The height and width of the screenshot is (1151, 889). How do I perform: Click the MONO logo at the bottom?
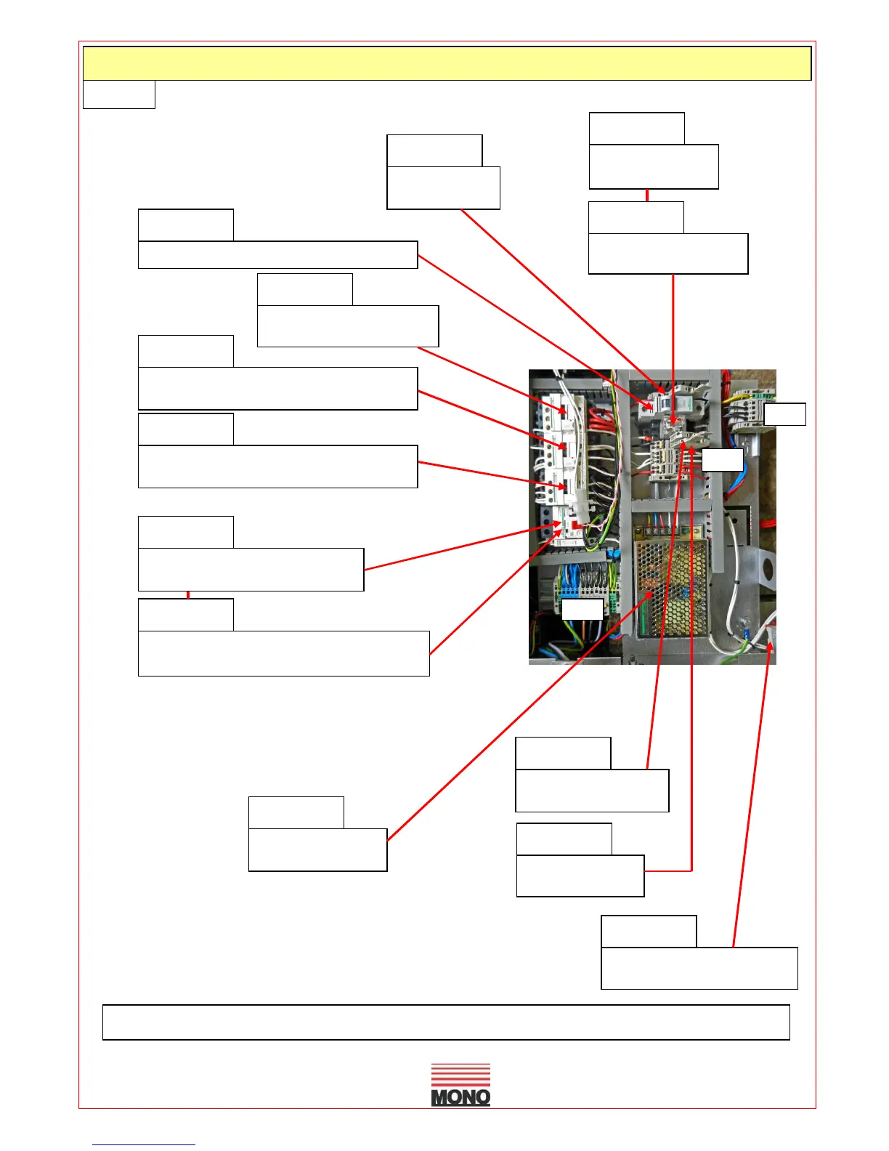coord(460,1085)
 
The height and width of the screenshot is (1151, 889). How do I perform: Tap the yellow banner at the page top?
coord(447,63)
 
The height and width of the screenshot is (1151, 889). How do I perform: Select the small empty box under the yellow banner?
coord(119,94)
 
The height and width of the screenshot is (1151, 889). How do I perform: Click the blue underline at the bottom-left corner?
coord(143,1144)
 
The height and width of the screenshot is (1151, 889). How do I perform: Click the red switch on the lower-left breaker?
coord(574,524)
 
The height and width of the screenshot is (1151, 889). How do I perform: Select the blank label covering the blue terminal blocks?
coord(582,609)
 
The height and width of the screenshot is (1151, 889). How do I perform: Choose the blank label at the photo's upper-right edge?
coord(784,413)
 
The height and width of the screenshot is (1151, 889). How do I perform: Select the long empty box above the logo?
coord(446,1022)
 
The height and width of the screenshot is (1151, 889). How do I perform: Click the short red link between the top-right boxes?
coord(646,195)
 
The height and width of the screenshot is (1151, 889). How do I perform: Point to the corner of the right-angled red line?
coord(691,870)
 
